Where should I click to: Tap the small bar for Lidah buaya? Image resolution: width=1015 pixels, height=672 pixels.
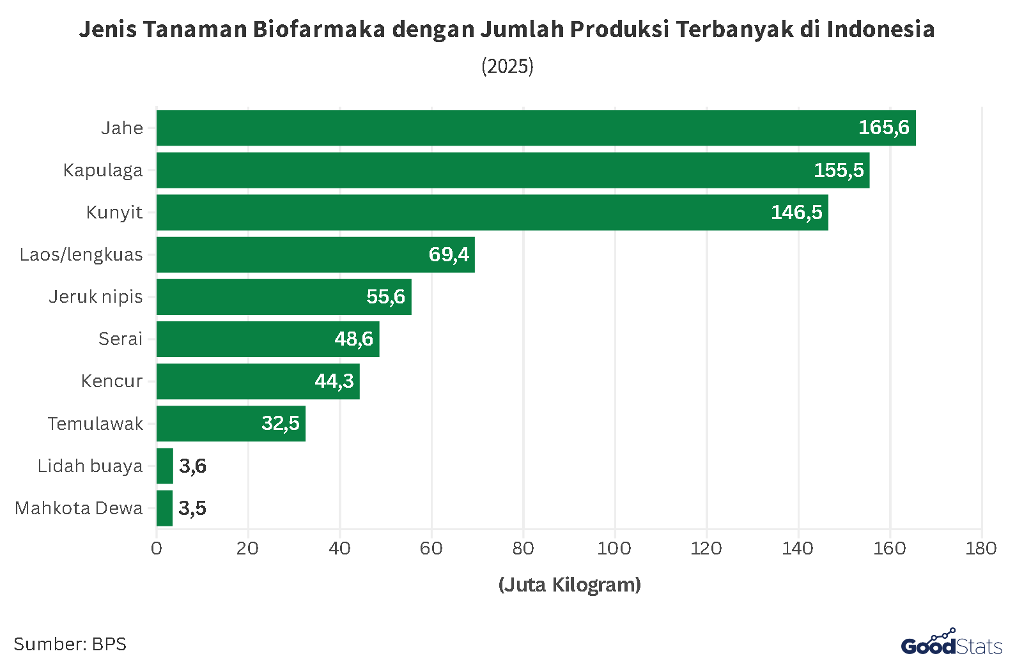[165, 466]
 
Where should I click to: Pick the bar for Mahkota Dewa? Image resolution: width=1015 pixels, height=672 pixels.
[164, 508]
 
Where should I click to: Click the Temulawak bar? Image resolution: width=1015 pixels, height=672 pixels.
[231, 424]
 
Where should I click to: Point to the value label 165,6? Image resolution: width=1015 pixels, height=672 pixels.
[883, 128]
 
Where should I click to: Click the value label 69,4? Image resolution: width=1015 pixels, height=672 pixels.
[449, 254]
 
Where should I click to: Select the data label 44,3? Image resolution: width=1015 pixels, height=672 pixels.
[334, 381]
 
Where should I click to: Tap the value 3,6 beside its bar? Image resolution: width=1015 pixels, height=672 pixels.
[192, 466]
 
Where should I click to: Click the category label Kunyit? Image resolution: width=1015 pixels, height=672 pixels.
[114, 212]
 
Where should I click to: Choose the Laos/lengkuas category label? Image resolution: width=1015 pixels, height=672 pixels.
[81, 254]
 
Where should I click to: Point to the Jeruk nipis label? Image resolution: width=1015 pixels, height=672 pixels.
[96, 296]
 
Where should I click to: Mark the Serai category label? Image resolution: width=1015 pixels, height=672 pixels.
[120, 339]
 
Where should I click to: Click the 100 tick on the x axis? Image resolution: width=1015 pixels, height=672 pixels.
[614, 548]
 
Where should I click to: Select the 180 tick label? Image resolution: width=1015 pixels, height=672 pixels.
[981, 548]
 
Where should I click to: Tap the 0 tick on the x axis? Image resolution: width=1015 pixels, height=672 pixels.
[157, 548]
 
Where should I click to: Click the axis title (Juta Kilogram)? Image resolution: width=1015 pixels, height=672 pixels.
[569, 584]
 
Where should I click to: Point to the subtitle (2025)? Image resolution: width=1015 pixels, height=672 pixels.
[507, 66]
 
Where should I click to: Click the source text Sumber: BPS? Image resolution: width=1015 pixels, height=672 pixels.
[70, 644]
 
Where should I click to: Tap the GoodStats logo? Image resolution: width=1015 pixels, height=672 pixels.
[951, 643]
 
